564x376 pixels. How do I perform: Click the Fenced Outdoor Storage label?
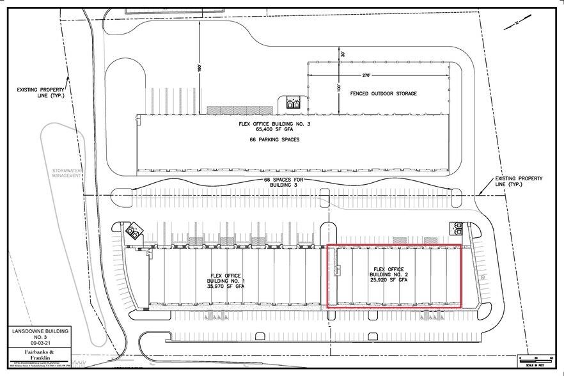tap(384, 93)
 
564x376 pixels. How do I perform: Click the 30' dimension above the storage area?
tap(343, 54)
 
